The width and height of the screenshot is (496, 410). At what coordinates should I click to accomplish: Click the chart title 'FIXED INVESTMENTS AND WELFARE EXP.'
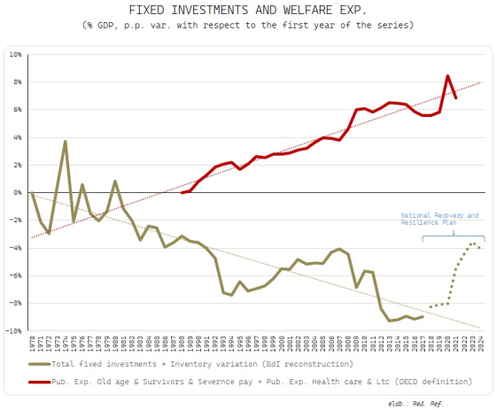pyautogui.click(x=248, y=10)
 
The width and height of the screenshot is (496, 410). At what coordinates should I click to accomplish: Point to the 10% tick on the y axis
pyautogui.click(x=15, y=54)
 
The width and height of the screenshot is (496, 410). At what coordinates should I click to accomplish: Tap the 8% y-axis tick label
pyautogui.click(x=17, y=81)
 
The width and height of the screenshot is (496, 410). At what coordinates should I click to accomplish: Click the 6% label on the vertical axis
pyautogui.click(x=17, y=110)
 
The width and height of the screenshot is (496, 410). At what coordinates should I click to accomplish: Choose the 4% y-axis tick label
pyautogui.click(x=17, y=137)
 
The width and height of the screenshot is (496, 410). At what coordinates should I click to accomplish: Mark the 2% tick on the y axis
pyautogui.click(x=17, y=165)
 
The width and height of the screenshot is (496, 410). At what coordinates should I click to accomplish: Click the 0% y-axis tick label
pyautogui.click(x=17, y=192)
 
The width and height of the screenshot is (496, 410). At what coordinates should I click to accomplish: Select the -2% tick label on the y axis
pyautogui.click(x=15, y=220)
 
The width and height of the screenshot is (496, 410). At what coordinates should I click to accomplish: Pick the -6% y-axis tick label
pyautogui.click(x=15, y=275)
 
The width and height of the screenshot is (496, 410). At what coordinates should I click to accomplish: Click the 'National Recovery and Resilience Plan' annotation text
pyautogui.click(x=438, y=220)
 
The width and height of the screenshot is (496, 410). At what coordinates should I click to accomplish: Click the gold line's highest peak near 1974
pyautogui.click(x=65, y=141)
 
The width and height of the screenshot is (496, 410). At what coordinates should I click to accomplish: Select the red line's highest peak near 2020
pyautogui.click(x=448, y=76)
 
